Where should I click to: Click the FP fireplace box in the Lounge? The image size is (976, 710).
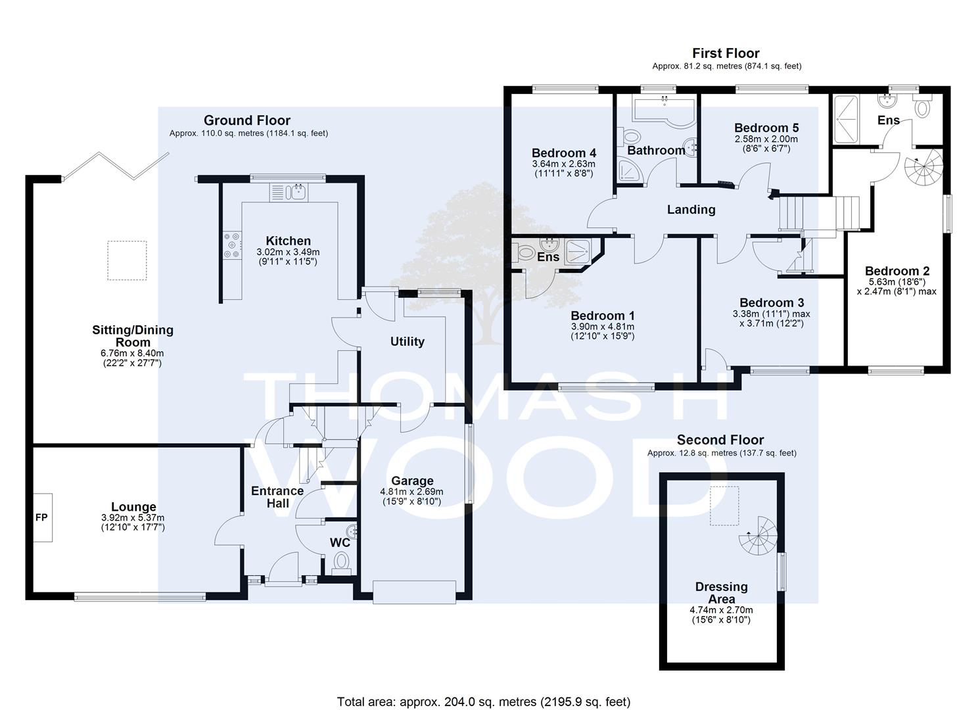click(43, 517)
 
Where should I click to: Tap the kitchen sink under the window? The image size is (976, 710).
click(289, 192)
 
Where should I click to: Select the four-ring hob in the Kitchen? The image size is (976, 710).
click(232, 245)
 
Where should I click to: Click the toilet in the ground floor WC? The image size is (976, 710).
click(342, 563)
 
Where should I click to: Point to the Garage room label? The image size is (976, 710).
click(412, 481)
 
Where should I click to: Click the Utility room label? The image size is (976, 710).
click(407, 341)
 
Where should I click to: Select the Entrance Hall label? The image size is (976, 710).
click(277, 497)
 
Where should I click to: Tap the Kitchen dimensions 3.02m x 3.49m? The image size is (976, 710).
click(288, 252)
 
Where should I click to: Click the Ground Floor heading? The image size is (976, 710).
click(247, 120)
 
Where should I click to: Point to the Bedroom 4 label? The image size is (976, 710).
click(564, 153)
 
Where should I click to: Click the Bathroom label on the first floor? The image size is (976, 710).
click(656, 151)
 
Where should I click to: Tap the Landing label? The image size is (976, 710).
click(691, 210)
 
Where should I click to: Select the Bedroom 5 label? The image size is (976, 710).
click(766, 128)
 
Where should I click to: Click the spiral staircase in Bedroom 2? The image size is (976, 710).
click(923, 168)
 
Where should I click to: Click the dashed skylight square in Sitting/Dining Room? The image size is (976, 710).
click(128, 260)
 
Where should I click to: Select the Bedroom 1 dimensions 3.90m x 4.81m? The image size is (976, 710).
click(603, 327)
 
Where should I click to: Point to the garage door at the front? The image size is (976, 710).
click(414, 592)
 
